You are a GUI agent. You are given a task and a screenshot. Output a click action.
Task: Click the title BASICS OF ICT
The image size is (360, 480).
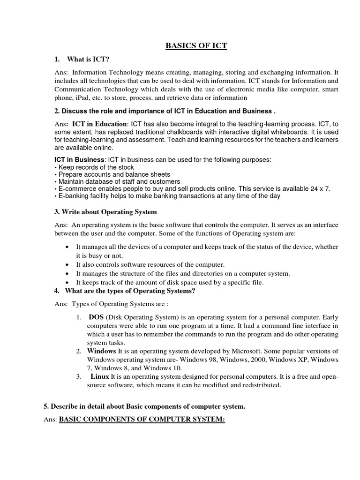(x=196, y=46)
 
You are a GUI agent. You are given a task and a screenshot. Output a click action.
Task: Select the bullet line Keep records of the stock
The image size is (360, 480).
(x=96, y=167)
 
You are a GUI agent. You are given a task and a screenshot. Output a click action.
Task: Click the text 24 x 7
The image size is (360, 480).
(x=321, y=188)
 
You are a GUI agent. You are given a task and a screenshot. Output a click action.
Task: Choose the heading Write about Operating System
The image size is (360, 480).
(x=105, y=212)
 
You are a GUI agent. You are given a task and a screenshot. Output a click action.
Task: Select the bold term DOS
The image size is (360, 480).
(x=96, y=317)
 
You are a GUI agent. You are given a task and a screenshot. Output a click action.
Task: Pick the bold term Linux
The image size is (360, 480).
(x=100, y=376)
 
